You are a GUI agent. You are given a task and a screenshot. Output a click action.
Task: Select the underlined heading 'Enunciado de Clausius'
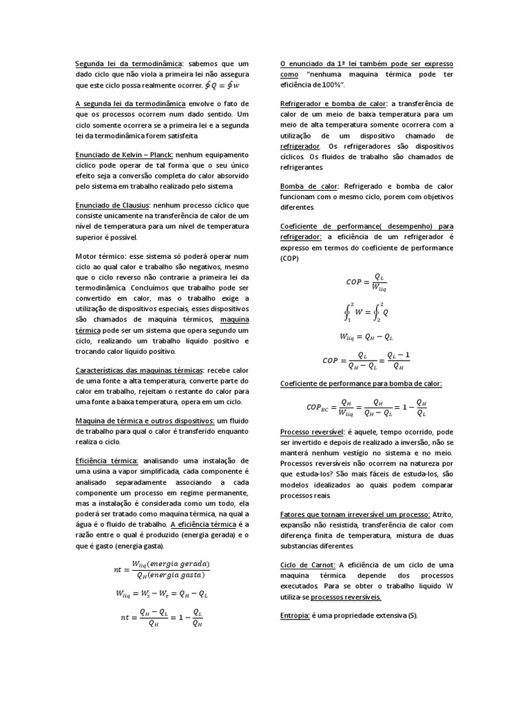coord(113,205)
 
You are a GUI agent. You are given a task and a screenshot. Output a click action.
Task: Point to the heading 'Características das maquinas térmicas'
coord(139,370)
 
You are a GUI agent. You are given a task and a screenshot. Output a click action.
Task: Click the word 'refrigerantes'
coord(302,167)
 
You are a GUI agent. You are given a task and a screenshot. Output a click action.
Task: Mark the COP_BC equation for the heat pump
coord(366,408)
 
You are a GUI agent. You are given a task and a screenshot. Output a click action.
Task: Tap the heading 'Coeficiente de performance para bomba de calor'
coord(361,383)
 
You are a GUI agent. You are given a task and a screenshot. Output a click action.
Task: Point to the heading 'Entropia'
coord(295,614)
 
